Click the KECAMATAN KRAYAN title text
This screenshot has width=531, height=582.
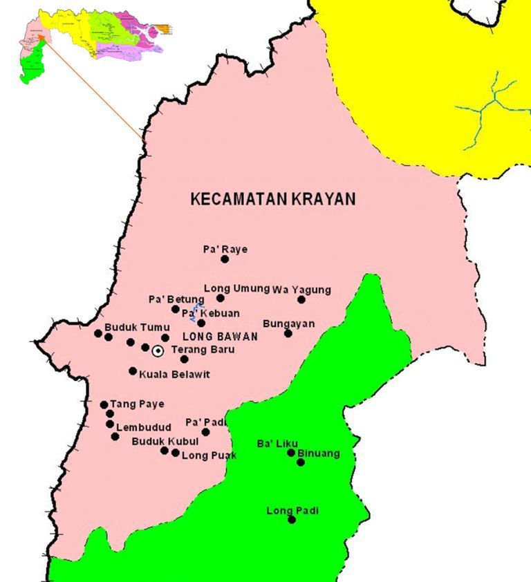[x=272, y=199]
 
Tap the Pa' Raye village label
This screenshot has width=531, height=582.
[x=225, y=249]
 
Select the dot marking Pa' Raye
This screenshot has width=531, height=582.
[x=225, y=259]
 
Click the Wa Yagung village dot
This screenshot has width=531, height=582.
[x=301, y=299]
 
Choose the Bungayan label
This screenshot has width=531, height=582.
[x=289, y=323]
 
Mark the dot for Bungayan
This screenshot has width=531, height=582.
[x=288, y=333]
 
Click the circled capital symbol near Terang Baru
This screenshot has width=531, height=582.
[x=158, y=350]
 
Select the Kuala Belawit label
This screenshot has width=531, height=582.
[x=174, y=374]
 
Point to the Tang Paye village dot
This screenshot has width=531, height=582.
[x=104, y=405]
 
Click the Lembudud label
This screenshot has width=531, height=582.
[x=144, y=427]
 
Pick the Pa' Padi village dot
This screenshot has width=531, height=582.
[x=205, y=432]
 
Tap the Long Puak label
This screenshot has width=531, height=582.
[x=209, y=456]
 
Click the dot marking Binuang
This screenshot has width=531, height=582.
[x=301, y=462]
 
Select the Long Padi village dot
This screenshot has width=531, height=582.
[x=292, y=519]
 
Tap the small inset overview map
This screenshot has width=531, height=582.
[x=90, y=41]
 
